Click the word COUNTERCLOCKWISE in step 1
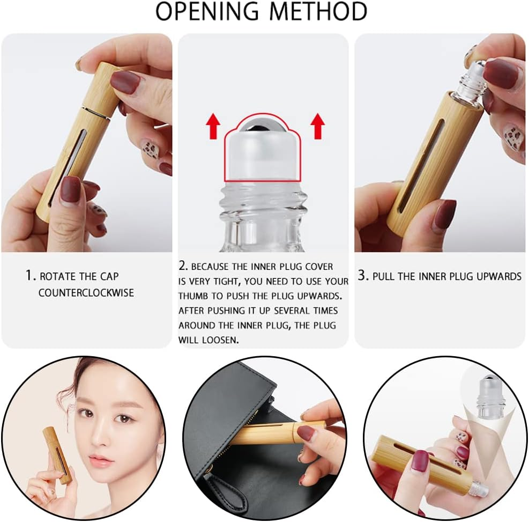86,293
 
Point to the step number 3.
363,276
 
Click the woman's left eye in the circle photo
124,418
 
